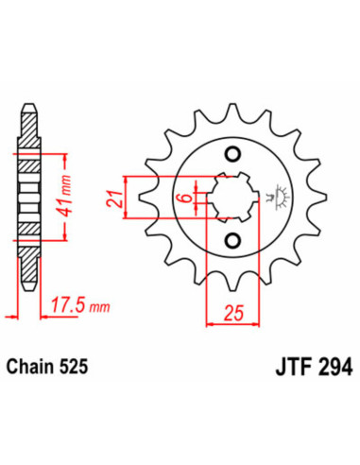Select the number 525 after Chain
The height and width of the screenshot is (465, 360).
pyautogui.click(x=77, y=361)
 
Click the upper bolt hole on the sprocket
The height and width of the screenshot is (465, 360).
pyautogui.click(x=231, y=154)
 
